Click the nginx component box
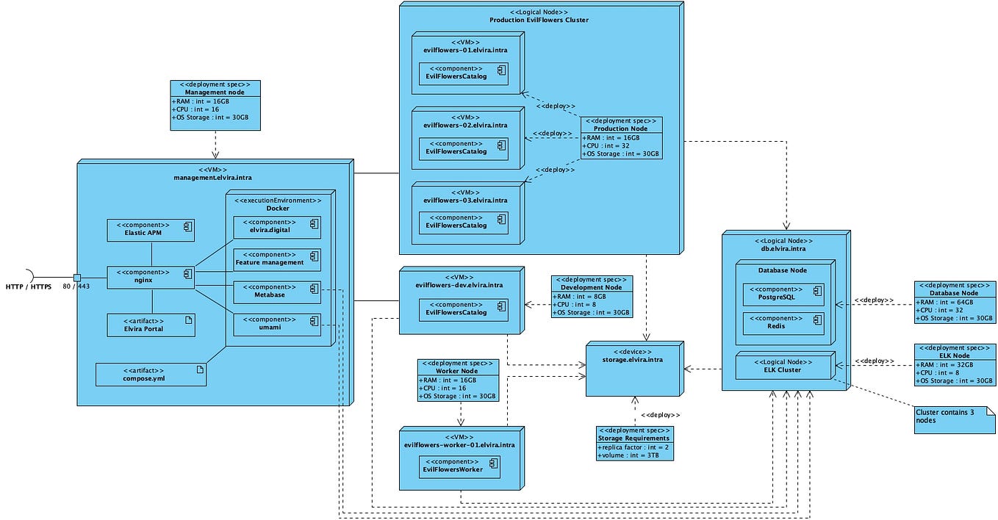click(x=151, y=277)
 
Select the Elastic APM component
click(x=151, y=230)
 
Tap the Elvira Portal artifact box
click(x=151, y=325)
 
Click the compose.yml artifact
click(x=151, y=375)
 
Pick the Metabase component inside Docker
click(x=276, y=292)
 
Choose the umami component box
click(x=276, y=325)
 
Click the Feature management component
click(x=276, y=259)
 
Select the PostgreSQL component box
click(x=783, y=294)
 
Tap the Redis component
click(x=783, y=323)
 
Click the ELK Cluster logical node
click(x=783, y=366)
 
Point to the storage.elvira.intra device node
click(x=633, y=367)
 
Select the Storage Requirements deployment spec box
click(x=634, y=443)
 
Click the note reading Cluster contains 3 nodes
click(x=953, y=418)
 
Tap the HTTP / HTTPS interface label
click(x=28, y=286)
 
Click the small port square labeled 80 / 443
click(x=76, y=277)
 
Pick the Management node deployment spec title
click(x=215, y=93)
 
